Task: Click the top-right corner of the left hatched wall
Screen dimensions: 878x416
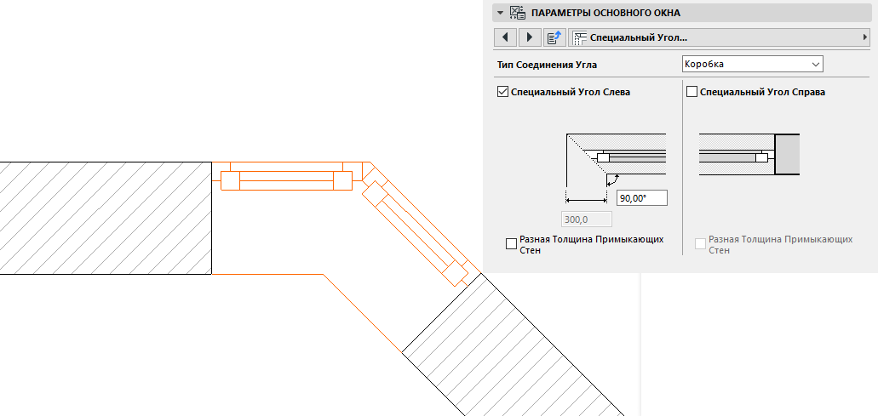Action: (212, 162)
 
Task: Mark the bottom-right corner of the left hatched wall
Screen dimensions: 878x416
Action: (212, 275)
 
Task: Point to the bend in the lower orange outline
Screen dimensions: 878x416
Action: (323, 275)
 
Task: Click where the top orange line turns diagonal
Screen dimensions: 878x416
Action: (370, 162)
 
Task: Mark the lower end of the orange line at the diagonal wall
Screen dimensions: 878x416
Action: (402, 352)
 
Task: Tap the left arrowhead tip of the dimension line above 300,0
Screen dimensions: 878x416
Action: (566, 200)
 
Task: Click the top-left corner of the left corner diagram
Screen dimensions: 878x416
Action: (566, 134)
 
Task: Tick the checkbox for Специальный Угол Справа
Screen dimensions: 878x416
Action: (692, 92)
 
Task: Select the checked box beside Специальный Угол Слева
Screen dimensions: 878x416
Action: (502, 92)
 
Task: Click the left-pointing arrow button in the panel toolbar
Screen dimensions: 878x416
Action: (506, 37)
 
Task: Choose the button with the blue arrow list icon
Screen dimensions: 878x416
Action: (554, 37)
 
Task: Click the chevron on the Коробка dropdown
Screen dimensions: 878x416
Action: (815, 65)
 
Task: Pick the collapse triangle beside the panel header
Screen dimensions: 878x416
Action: (500, 12)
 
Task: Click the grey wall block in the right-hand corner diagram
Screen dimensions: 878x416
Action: (787, 154)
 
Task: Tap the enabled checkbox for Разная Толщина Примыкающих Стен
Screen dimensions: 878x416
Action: (511, 244)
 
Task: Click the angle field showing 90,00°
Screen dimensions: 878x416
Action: (642, 198)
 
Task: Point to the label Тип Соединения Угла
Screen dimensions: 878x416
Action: (547, 65)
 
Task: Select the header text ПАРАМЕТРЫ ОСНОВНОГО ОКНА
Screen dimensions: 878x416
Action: (605, 12)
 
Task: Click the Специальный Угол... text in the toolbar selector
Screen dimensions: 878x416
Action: (639, 37)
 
